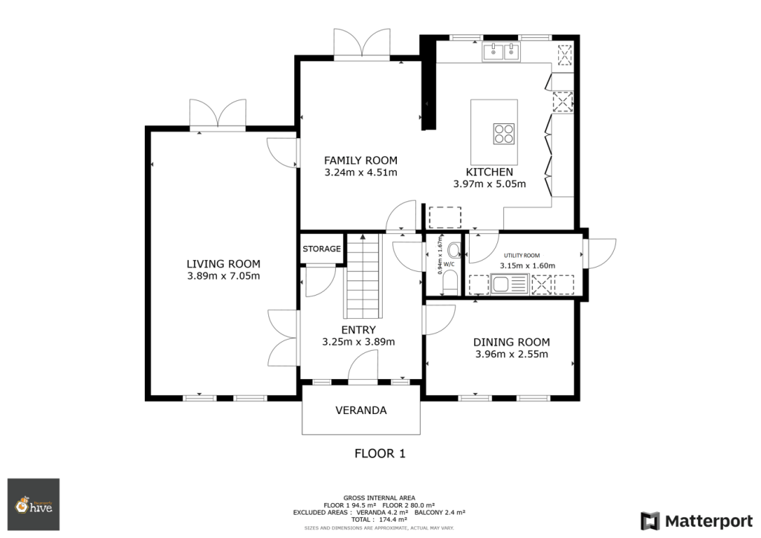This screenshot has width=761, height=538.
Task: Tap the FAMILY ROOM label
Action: click(360, 161)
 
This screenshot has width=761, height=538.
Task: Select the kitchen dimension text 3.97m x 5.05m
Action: click(489, 184)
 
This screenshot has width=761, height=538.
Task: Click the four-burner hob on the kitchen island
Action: click(504, 134)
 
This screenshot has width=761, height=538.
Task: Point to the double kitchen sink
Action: click(501, 51)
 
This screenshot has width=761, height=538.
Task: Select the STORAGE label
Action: click(322, 249)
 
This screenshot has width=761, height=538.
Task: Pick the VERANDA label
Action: click(361, 410)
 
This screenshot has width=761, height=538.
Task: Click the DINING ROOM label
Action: click(511, 342)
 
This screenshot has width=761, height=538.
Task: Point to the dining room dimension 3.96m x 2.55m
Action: click(511, 354)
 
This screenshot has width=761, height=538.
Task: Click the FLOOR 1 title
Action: click(380, 453)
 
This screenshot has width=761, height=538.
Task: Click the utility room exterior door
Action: click(600, 253)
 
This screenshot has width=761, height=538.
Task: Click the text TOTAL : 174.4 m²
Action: click(379, 519)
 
